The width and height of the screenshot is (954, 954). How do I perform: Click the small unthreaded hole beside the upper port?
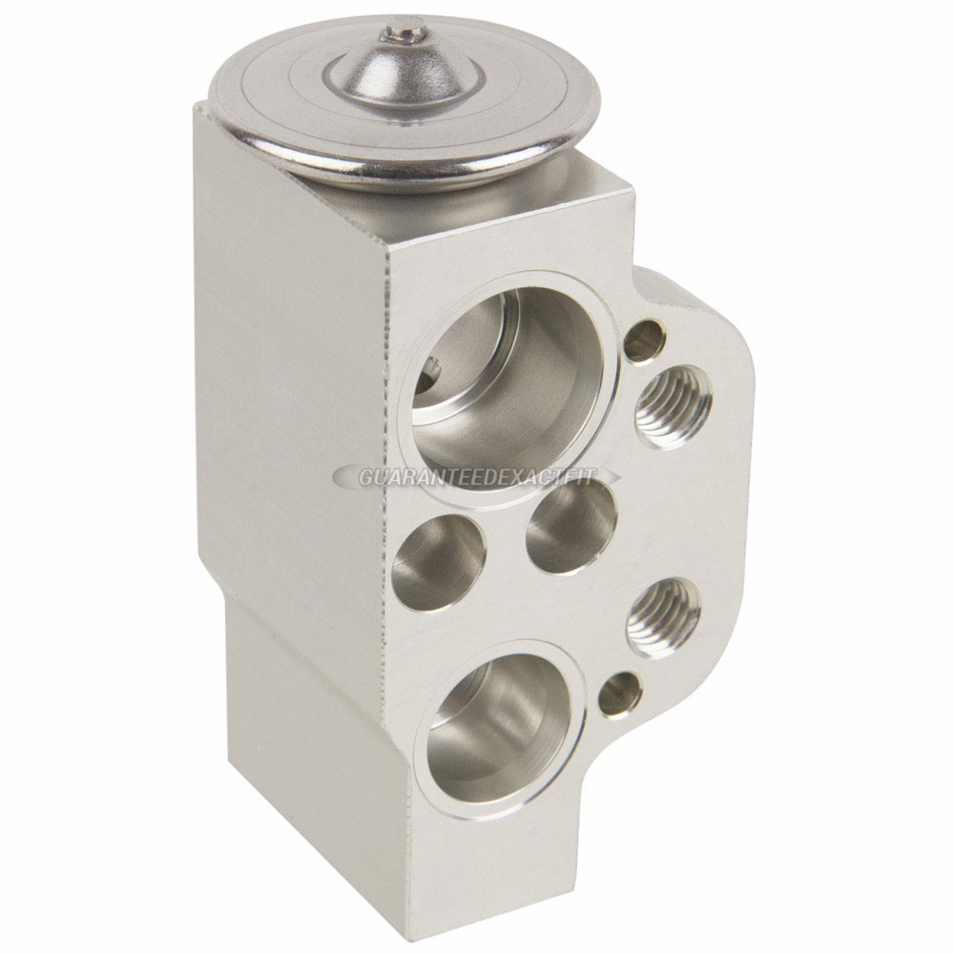click(x=646, y=340)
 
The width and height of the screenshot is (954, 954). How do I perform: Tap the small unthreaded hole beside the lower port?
click(x=620, y=695)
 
